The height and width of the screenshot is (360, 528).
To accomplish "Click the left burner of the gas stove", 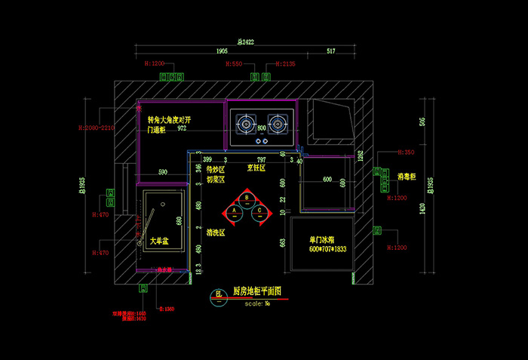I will click(x=247, y=122).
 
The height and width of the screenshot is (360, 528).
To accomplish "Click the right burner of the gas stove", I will click(x=277, y=122).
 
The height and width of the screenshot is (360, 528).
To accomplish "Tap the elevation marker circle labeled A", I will click(x=235, y=211).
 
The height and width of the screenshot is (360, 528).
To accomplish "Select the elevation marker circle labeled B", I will click(x=247, y=198).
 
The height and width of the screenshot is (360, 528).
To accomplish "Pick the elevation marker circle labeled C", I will click(x=259, y=211).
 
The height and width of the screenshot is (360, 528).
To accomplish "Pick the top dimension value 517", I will click(x=331, y=51).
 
